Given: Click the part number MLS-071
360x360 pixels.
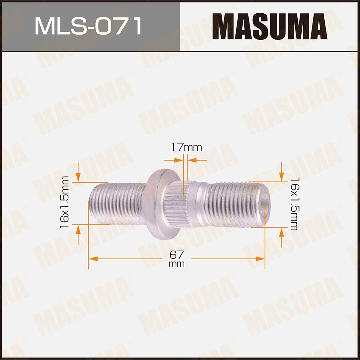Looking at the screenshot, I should (88, 26).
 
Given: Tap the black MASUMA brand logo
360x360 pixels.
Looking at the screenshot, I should (269, 26).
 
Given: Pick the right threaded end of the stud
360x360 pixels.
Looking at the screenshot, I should (238, 204).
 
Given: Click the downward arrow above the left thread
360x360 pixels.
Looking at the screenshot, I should (78, 176).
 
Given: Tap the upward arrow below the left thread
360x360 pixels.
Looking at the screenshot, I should (78, 230).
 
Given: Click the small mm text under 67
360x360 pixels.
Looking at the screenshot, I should (176, 264).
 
